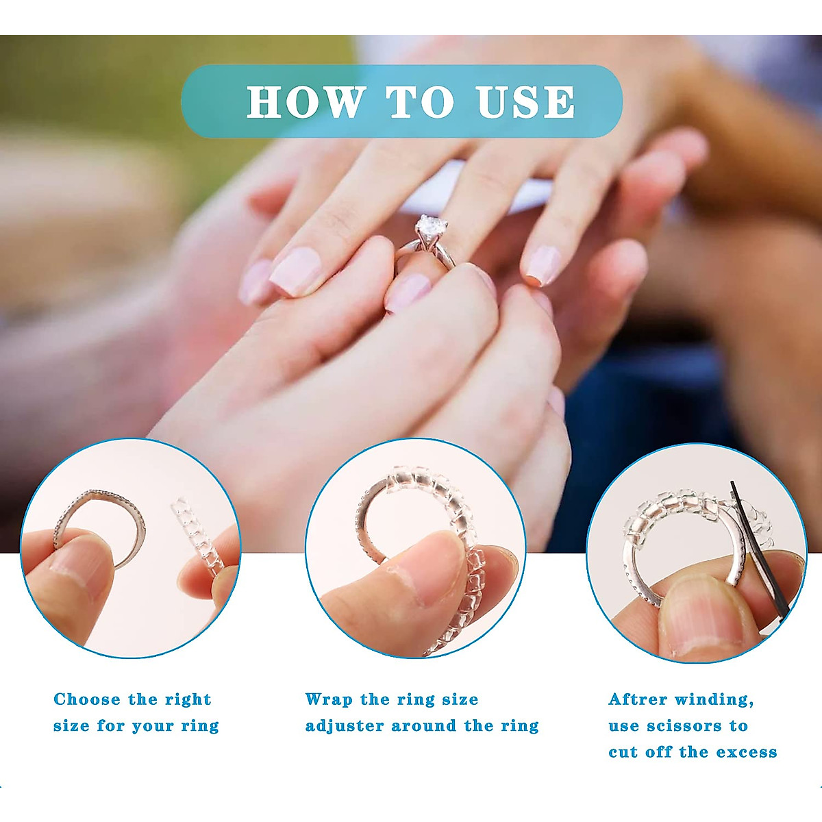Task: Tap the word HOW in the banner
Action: [306, 102]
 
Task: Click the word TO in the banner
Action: [421, 102]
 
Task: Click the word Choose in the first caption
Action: [87, 699]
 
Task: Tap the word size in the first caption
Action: [71, 726]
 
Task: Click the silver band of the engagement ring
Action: [445, 257]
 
